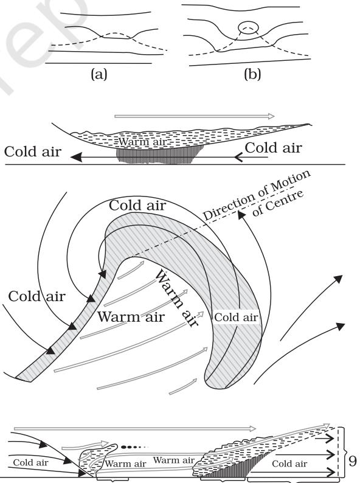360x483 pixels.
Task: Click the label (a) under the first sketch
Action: pos(99,74)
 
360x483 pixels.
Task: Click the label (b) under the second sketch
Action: pos(252,74)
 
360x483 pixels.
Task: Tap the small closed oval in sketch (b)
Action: pos(247,27)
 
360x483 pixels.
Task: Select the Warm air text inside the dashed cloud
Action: pos(142,142)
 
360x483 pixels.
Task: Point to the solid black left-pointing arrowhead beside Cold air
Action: pos(77,157)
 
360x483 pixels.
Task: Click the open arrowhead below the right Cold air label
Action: pos(239,158)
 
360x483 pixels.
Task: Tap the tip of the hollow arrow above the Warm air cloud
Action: pos(274,116)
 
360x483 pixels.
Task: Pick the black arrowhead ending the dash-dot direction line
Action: pos(242,215)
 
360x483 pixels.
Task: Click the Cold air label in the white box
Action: pos(236,318)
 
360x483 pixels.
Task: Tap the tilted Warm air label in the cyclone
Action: pos(176,298)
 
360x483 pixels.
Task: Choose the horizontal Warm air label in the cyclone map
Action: pos(131,317)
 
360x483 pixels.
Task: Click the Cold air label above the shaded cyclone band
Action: pos(137,205)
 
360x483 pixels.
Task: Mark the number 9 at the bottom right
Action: pos(352,461)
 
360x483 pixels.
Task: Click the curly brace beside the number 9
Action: pos(342,452)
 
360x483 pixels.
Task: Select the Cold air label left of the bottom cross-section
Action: pos(30,462)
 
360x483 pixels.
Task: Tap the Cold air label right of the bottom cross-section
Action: pos(289,464)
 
